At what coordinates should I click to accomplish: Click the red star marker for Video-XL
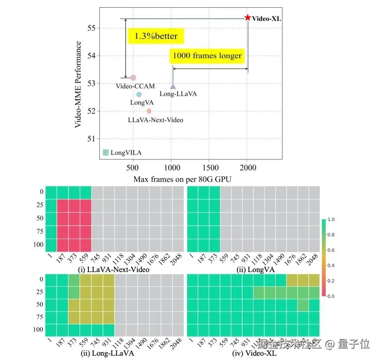247,18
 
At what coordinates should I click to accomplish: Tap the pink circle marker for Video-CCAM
133,78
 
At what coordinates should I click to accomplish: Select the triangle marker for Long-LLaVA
173,86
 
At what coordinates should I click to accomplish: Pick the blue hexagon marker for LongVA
139,94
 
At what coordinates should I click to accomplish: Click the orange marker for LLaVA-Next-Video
149,111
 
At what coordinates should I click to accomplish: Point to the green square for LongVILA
106,152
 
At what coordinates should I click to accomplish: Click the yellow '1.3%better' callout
156,36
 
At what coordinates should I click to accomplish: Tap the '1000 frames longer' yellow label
207,56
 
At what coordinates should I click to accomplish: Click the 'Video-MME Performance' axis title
78,84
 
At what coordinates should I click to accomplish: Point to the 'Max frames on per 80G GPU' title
182,179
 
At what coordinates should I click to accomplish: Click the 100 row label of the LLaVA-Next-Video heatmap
38,245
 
